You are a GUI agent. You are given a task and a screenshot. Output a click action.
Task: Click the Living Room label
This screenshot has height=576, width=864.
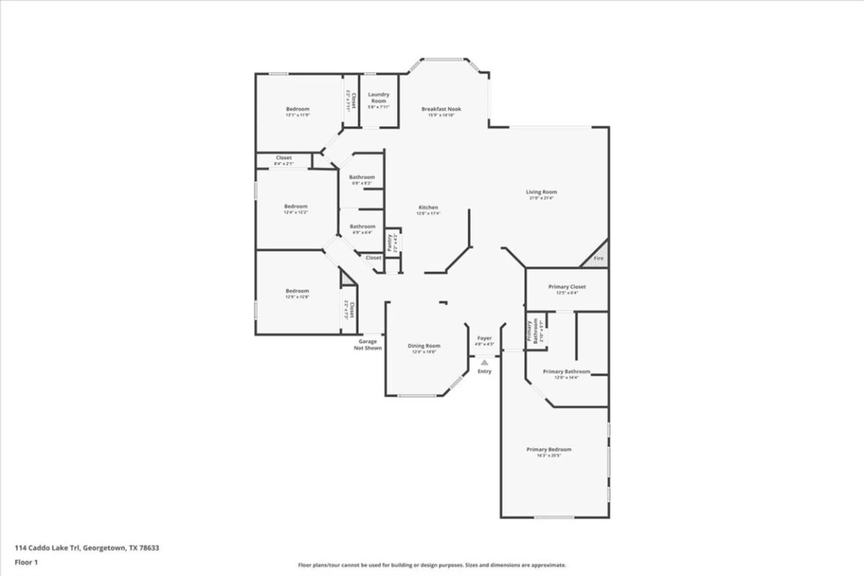[541, 192]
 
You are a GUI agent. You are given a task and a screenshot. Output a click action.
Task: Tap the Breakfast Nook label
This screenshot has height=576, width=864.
[441, 109]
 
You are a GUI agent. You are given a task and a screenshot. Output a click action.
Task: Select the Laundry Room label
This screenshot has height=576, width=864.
[378, 98]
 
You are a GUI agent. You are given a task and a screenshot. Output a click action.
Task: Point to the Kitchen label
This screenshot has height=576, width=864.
[428, 207]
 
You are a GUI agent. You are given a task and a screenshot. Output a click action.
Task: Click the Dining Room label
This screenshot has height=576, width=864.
[424, 346]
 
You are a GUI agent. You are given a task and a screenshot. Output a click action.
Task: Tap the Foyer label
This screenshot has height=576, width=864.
[484, 338]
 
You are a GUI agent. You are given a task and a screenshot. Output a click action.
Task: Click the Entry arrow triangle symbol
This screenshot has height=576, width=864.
[484, 363]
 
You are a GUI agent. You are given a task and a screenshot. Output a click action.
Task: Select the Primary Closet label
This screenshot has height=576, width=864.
[567, 286]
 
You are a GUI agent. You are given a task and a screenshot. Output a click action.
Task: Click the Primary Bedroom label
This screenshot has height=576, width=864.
[549, 449]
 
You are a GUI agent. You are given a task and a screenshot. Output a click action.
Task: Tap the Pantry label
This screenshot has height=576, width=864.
[389, 243]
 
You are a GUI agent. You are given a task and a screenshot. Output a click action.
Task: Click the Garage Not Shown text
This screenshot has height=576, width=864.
[368, 344]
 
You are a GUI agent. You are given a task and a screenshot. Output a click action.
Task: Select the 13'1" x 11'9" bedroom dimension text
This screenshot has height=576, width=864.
[298, 115]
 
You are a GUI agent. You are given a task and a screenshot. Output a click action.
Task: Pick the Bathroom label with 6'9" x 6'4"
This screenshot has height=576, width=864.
[362, 226]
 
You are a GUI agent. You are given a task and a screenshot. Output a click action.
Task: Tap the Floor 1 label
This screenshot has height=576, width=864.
[26, 562]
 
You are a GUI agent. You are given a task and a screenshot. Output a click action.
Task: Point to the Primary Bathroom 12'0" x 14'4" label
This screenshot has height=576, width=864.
[566, 372]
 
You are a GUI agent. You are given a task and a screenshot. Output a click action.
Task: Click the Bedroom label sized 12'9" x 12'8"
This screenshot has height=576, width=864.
[297, 291]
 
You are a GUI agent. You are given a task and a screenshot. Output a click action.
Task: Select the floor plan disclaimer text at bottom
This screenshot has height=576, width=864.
[432, 565]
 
